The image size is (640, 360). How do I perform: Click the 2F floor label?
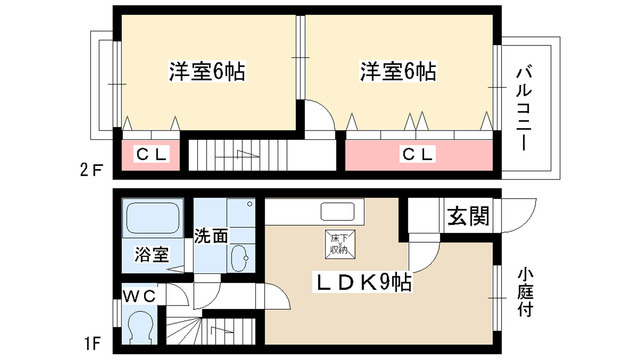[90, 169]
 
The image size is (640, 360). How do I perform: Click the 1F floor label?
[90, 346]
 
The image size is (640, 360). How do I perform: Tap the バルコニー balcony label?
[524, 108]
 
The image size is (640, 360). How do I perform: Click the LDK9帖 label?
[365, 282]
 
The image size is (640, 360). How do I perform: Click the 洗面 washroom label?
[210, 237]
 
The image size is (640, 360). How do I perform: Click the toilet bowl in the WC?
[141, 327]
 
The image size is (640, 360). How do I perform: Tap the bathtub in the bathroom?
[153, 219]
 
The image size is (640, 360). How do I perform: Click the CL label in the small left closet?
[152, 155]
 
